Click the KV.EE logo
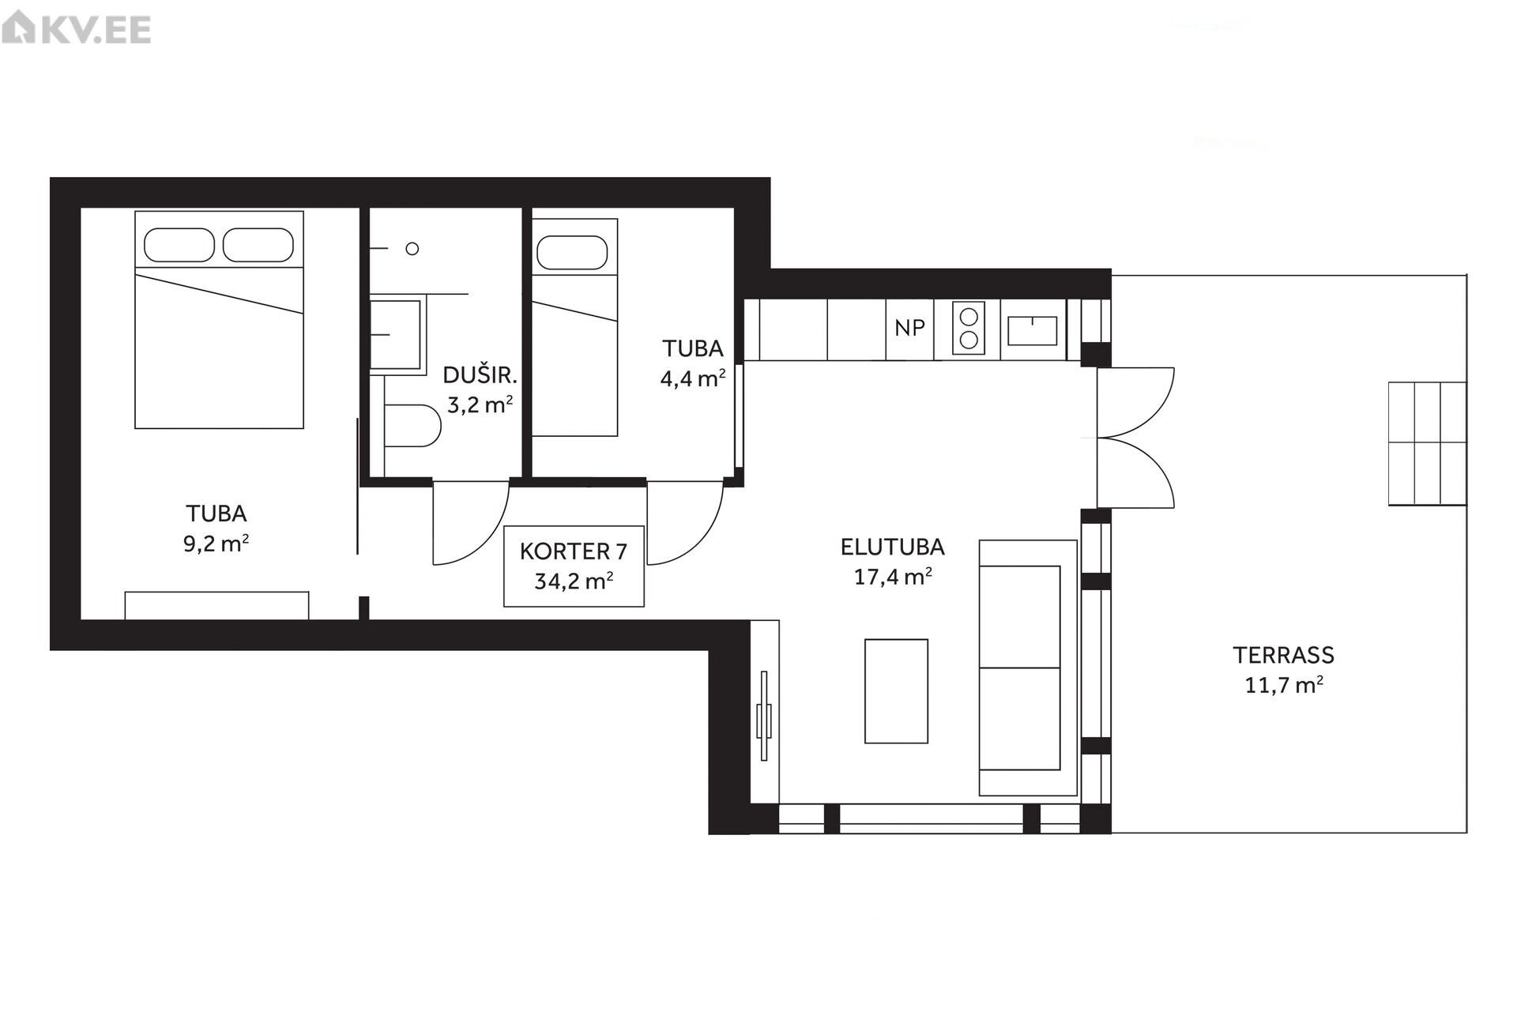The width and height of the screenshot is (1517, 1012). (x=76, y=30)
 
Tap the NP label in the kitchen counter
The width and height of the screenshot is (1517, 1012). (x=909, y=328)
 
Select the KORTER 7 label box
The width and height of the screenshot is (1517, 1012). (x=574, y=566)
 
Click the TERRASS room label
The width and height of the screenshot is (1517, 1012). (x=1283, y=655)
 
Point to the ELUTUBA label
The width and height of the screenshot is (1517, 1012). (x=892, y=547)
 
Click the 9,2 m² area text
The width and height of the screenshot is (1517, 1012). (x=216, y=544)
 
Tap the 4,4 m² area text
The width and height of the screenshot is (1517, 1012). (x=693, y=378)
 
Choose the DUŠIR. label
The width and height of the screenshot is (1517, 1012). (x=480, y=374)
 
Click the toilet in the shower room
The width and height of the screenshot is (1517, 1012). (x=412, y=426)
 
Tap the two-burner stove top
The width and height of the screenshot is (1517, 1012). (x=968, y=329)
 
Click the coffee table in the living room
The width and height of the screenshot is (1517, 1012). (x=896, y=691)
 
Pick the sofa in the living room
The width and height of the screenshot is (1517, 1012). (x=1028, y=668)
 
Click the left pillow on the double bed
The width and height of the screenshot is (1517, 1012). (x=179, y=245)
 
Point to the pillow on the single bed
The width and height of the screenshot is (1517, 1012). (x=572, y=253)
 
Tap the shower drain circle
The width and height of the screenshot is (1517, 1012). (x=412, y=249)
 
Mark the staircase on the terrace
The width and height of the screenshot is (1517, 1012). (x=1428, y=443)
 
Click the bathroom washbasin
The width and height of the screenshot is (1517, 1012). (x=395, y=334)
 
